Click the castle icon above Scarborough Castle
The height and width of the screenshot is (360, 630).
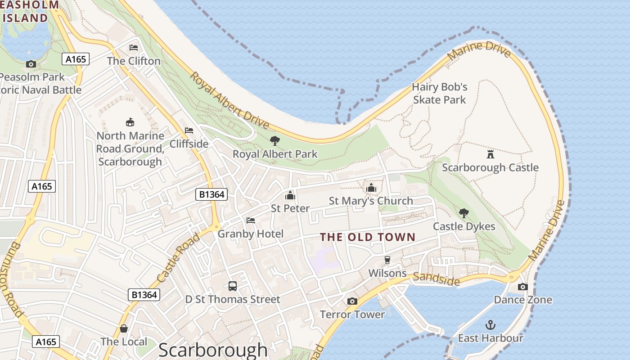pos(490,154)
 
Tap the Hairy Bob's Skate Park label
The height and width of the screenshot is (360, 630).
pos(440,93)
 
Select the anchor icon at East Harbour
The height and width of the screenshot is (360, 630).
pos(490,324)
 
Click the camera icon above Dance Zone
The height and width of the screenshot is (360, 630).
pos(522,287)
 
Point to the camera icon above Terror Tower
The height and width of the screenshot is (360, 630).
pos(352,301)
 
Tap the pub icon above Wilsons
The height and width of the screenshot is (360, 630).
pos(387,260)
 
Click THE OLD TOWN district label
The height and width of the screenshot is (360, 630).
pos(368,237)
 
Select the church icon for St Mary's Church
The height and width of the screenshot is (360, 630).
pos(371,187)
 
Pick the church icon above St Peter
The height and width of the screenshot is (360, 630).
pos(290,195)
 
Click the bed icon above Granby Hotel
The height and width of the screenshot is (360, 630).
pos(251,220)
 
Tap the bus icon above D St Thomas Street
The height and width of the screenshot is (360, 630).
pos(233,286)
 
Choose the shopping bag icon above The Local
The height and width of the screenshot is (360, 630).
pos(124,328)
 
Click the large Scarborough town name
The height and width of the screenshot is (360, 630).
pos(213,350)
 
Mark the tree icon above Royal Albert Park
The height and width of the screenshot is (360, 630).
pos(274,141)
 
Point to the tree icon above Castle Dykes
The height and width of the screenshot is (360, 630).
pos(463,213)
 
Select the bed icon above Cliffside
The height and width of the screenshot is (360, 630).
pos(189,130)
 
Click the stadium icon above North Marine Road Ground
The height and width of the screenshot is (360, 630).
pos(130,122)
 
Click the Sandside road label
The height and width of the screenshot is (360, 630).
pos(436,279)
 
